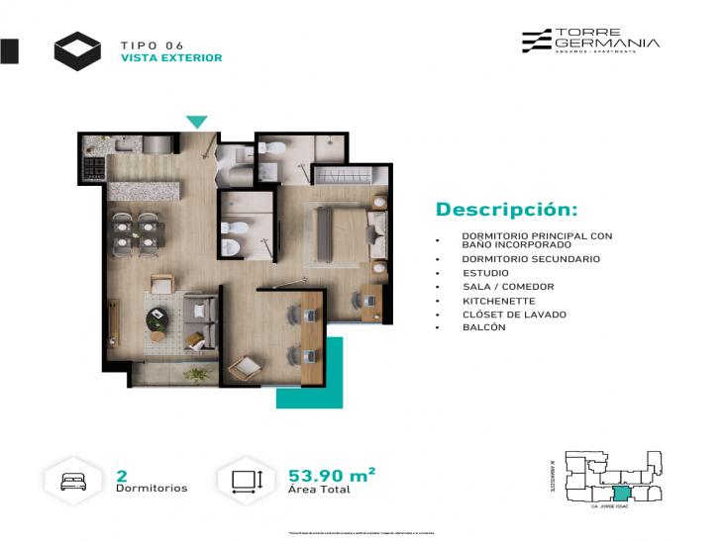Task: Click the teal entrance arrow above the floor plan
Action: click(x=197, y=122)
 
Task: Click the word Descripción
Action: click(x=506, y=210)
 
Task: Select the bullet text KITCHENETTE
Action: click(x=498, y=301)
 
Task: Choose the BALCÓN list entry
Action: click(x=483, y=327)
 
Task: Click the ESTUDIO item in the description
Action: click(x=485, y=273)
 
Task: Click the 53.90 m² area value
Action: click(x=331, y=475)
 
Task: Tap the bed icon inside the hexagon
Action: click(x=74, y=482)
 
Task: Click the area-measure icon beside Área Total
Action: click(x=245, y=482)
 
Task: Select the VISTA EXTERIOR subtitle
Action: click(x=170, y=58)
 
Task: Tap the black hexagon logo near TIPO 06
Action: click(x=77, y=51)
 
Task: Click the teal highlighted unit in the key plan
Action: click(x=621, y=493)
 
